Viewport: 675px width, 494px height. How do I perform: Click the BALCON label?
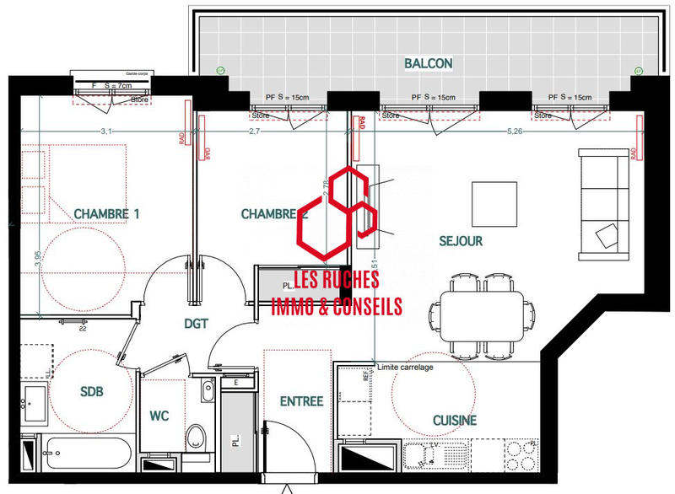click(x=429, y=63)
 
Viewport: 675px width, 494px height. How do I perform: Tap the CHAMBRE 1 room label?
click(x=106, y=214)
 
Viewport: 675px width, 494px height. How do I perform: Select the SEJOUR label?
click(x=461, y=241)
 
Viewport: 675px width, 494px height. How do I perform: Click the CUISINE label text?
click(x=455, y=420)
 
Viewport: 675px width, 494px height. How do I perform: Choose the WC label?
click(x=161, y=416)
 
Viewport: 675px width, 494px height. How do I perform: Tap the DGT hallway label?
click(x=197, y=323)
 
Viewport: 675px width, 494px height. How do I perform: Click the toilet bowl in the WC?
click(x=197, y=436)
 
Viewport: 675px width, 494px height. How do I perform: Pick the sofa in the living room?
click(x=602, y=203)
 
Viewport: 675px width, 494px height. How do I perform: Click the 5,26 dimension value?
click(x=516, y=132)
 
